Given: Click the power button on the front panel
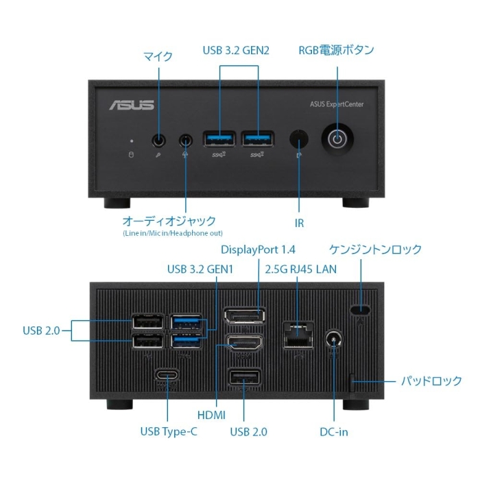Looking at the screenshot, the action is click(337, 139).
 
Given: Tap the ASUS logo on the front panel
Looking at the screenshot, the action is click(132, 105).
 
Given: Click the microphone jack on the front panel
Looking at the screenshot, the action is click(158, 141).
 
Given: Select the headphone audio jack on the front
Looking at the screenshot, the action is click(186, 141).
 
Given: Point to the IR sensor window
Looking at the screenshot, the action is click(299, 139).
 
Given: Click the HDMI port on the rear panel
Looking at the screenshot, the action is click(245, 343).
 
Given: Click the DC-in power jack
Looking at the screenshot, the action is click(334, 339).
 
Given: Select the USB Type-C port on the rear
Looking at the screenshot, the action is click(167, 375).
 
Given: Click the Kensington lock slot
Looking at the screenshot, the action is click(360, 310).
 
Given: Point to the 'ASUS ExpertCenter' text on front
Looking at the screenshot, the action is click(337, 104).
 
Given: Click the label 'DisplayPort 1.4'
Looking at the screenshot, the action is click(258, 250).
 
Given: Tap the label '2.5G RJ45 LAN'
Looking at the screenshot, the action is click(300, 269).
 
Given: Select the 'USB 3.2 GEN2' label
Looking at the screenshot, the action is click(236, 51).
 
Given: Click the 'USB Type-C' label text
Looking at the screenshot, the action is click(169, 431).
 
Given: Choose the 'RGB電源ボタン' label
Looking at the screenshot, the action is click(336, 50).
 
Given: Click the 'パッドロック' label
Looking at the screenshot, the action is click(431, 381).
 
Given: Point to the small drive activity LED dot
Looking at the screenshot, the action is click(132, 141).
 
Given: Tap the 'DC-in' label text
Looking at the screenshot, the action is click(334, 432).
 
